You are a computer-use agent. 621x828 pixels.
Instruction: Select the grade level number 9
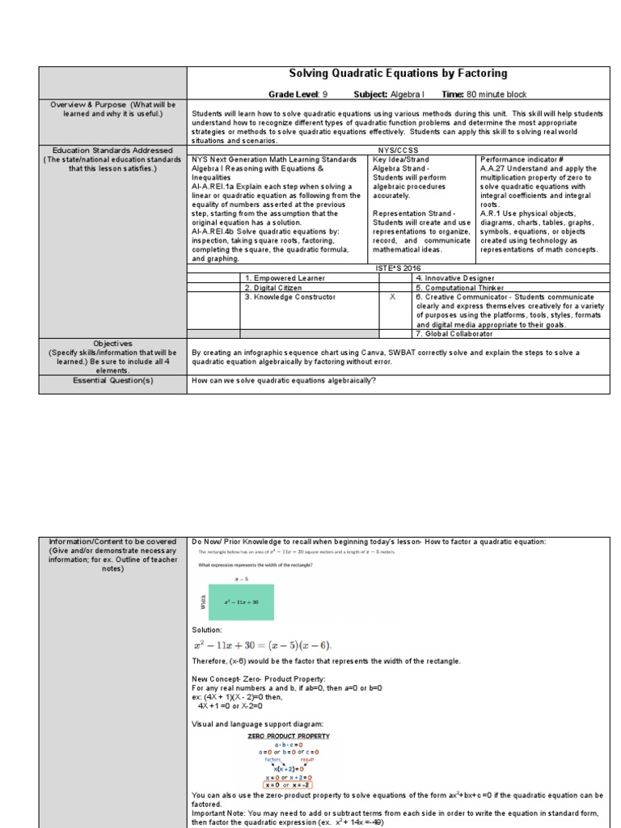(325, 95)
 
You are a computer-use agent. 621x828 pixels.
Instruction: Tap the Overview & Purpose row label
(113, 109)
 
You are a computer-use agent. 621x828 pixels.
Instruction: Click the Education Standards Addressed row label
(113, 150)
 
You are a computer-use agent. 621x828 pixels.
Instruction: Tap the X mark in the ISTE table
(392, 297)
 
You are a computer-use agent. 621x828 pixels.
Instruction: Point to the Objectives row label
(113, 344)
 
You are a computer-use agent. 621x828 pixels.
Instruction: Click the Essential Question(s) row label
(113, 380)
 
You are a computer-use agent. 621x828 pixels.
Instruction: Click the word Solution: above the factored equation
(206, 630)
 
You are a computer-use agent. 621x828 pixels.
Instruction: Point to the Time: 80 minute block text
(484, 95)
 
